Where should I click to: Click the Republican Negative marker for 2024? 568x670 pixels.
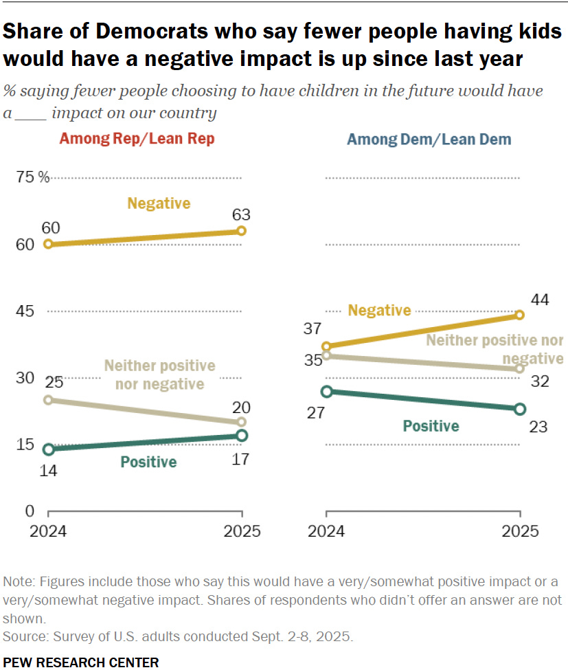pos(48,244)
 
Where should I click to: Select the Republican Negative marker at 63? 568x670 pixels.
pos(242,231)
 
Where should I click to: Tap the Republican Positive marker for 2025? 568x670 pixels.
pos(242,436)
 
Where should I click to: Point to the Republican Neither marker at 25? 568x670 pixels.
pos(48,400)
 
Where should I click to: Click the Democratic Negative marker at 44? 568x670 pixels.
pos(519,315)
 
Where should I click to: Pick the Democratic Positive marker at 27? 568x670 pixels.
pos(327,392)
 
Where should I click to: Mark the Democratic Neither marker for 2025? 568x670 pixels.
pos(519,369)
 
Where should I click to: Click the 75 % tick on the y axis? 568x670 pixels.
pos(33,178)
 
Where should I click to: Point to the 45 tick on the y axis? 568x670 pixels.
pos(25,311)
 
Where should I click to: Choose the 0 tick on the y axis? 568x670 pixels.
pos(29,511)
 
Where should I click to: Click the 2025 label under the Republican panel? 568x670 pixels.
pos(242,531)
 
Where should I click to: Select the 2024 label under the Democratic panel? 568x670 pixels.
pos(327,531)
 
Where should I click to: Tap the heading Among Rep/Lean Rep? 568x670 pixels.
pos(137,139)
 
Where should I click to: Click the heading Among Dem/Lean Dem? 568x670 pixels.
pos(429,139)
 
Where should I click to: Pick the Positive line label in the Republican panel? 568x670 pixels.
pos(148,462)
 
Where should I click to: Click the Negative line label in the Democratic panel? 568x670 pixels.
pos(379,311)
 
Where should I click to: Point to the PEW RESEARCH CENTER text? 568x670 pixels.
pos(81,662)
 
